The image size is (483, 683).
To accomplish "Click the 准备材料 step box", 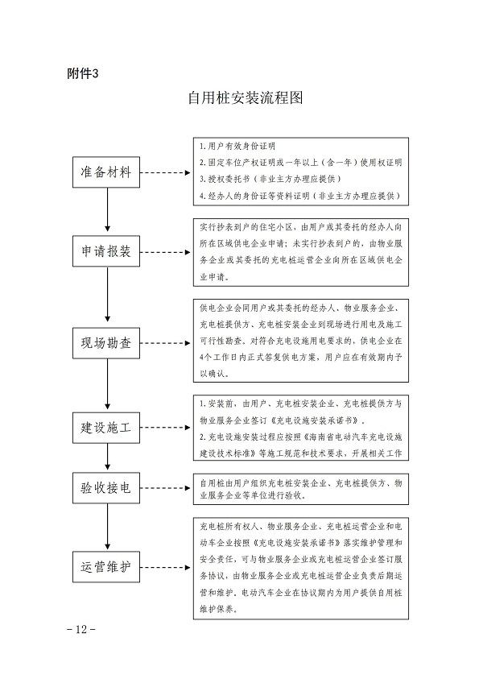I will coord(107,172).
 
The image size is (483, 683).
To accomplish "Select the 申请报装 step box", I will coord(107,250).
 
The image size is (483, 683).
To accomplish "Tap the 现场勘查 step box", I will coord(107,341).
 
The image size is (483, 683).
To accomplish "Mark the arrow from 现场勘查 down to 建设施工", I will coord(107,385).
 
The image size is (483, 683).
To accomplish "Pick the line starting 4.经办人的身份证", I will coord(298,195).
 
